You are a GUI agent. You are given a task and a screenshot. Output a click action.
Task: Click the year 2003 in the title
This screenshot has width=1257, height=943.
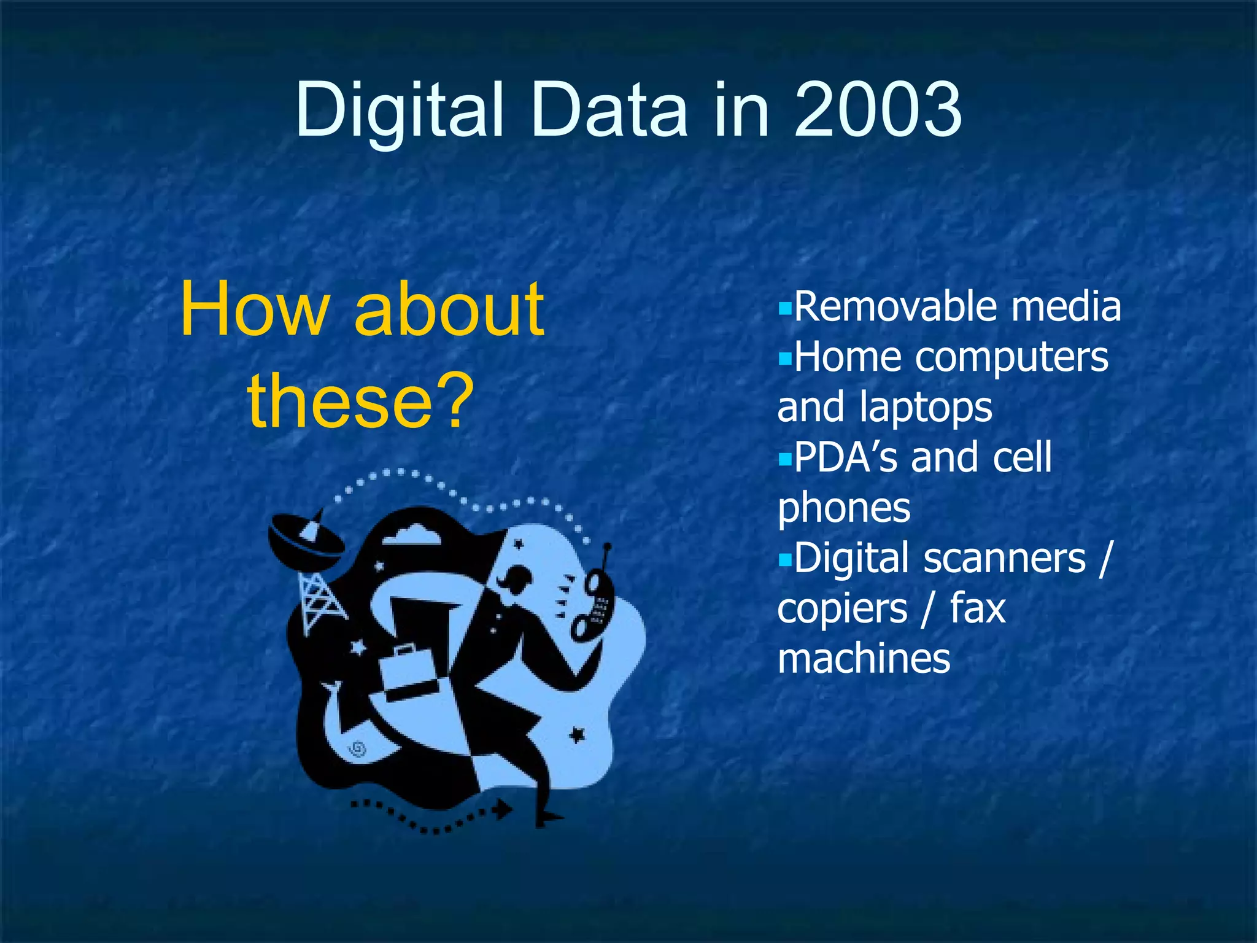click(878, 111)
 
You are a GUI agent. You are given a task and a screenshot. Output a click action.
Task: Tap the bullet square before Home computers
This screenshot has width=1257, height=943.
click(785, 358)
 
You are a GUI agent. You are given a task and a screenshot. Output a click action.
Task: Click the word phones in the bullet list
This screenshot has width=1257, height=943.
click(844, 508)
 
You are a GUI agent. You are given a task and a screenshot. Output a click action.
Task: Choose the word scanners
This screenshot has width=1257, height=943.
click(1005, 558)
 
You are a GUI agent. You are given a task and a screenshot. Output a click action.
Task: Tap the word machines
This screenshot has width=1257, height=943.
click(864, 659)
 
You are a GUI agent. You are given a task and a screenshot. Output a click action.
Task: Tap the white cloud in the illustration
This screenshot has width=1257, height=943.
click(411, 535)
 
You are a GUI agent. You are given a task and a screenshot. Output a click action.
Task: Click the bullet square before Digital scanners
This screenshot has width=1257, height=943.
click(785, 559)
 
